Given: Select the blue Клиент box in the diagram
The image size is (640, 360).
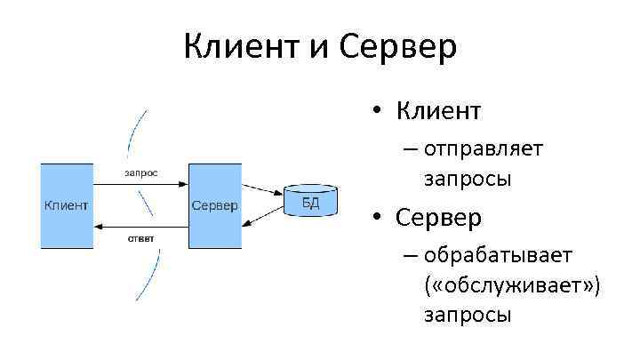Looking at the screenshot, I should pos(67,205).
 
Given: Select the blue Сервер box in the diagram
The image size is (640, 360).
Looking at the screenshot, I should pos(214,205).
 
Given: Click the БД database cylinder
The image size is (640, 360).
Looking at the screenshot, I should pos(310,202).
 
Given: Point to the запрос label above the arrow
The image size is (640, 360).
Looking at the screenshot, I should pos(140,172).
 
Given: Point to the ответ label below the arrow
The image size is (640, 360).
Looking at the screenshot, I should pos(140,237).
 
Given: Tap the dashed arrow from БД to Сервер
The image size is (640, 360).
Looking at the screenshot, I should pos(261,218).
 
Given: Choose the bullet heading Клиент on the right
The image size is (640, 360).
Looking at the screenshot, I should pos(438,111).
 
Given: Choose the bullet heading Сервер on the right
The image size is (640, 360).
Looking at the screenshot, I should pos(438,217).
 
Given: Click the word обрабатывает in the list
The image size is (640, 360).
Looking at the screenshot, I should pos(498,256).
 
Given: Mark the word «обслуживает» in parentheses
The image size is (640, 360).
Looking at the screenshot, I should pos(514,285).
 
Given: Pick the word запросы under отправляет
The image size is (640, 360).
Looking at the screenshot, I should pos(468,177).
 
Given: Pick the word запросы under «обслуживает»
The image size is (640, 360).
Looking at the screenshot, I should pos(468,316).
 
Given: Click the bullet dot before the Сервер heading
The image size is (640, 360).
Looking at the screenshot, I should pos(378,218).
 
